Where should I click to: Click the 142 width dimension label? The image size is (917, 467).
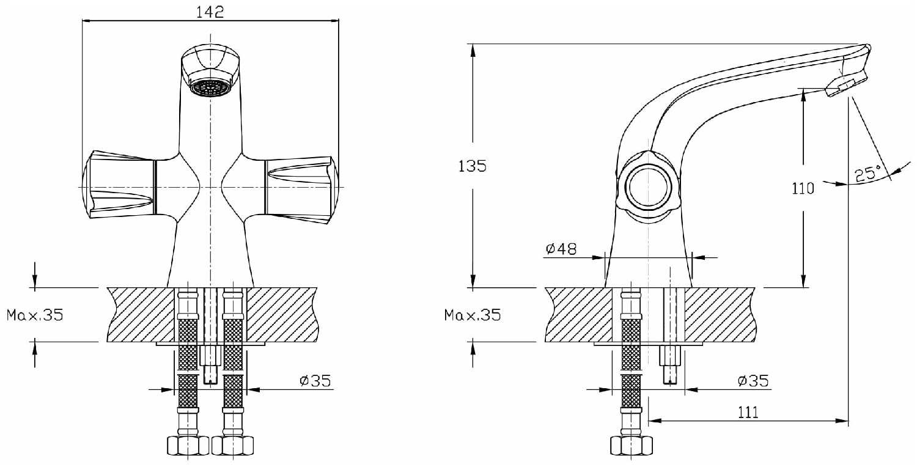pos(210,12)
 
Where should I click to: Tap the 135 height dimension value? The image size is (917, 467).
pos(472,166)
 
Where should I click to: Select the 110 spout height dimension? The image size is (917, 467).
pos(803,188)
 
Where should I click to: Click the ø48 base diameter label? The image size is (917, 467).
pos(561,248)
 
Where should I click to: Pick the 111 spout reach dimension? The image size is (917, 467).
pos(748,412)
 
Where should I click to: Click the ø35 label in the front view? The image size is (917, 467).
pos(315,381)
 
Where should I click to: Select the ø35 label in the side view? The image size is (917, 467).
pos(753,381)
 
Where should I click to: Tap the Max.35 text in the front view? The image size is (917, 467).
pos(35,315)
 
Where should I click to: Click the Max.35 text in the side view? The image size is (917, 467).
pos(473,315)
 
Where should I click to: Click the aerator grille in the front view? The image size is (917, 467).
pos(210,87)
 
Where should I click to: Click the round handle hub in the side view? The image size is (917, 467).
pos(649,188)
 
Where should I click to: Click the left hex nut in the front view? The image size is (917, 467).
pos(188,446)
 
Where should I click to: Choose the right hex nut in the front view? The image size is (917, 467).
pos(232,446)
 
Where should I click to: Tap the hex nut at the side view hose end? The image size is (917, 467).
pos(631,446)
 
